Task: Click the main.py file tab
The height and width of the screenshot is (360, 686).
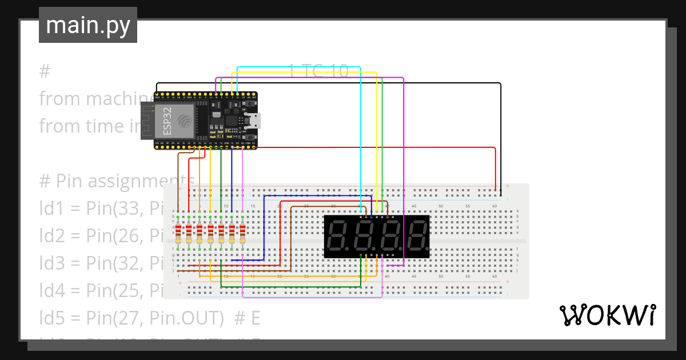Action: tap(87, 25)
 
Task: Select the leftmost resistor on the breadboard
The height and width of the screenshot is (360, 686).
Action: tap(178, 234)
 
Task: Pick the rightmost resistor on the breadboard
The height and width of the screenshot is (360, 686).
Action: tap(242, 234)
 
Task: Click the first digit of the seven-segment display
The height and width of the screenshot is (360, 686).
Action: tap(338, 237)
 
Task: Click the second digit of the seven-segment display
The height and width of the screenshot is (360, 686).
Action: tap(364, 237)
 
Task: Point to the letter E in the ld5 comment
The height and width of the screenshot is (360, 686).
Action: tap(255, 316)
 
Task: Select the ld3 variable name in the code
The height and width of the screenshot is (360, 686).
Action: tap(50, 262)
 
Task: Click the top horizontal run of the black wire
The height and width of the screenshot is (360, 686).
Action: tap(366, 83)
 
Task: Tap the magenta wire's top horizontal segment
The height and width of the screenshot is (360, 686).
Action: tap(309, 78)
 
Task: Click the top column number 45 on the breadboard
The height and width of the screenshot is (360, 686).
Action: tap(414, 206)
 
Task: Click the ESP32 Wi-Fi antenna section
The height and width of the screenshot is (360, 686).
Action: tap(147, 121)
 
